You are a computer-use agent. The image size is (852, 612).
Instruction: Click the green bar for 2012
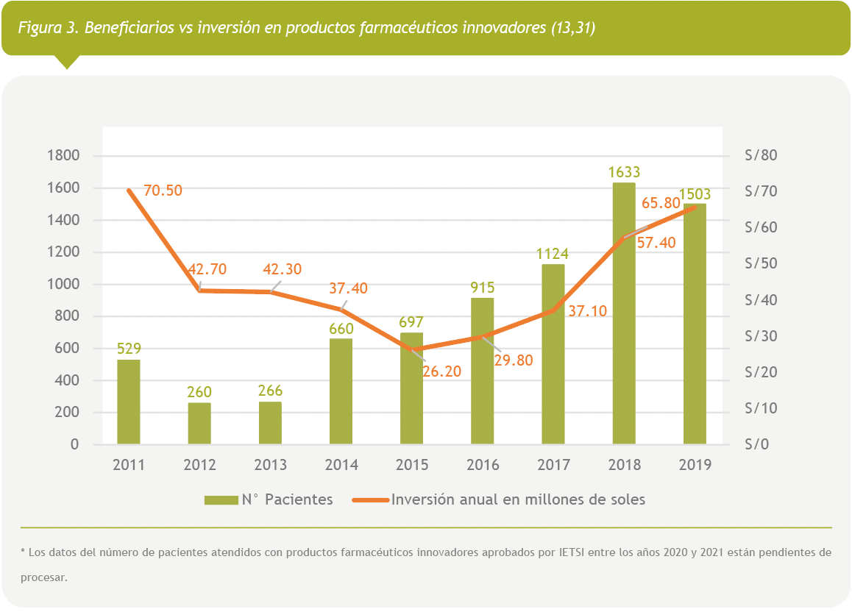click(199, 424)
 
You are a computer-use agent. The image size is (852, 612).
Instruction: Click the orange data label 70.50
click(163, 191)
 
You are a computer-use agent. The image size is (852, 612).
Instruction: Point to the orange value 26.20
click(441, 371)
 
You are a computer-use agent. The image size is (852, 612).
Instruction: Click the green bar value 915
click(482, 288)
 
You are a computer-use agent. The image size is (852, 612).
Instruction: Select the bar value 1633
click(624, 173)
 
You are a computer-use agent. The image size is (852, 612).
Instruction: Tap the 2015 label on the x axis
click(411, 465)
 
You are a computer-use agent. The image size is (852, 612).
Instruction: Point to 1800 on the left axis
click(63, 156)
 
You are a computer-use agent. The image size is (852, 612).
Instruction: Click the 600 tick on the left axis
click(68, 349)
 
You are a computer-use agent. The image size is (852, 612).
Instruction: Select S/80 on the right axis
click(761, 156)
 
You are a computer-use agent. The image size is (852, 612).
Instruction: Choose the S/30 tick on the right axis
click(761, 336)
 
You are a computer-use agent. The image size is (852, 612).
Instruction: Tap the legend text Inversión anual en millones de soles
click(518, 499)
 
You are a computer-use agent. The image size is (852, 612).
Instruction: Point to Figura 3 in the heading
click(47, 29)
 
